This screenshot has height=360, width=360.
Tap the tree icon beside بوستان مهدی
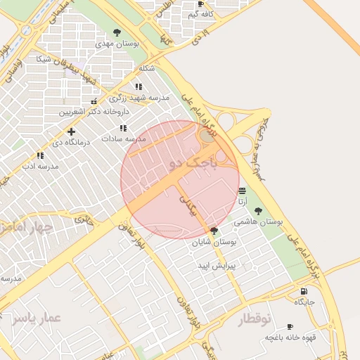coord(117,32)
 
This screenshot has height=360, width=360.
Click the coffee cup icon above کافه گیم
coord(201,4)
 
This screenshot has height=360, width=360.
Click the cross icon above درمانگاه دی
coord(71,131)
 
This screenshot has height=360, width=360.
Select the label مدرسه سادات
coord(123,139)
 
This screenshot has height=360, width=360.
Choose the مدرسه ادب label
coord(39,166)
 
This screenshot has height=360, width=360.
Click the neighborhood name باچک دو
coord(190,164)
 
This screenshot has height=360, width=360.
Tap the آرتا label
coord(243,201)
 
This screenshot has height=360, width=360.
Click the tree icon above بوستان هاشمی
coord(258,210)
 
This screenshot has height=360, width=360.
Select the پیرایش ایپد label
coord(214,266)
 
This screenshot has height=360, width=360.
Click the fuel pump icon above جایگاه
coord(303,291)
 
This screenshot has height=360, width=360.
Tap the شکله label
coord(147,67)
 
